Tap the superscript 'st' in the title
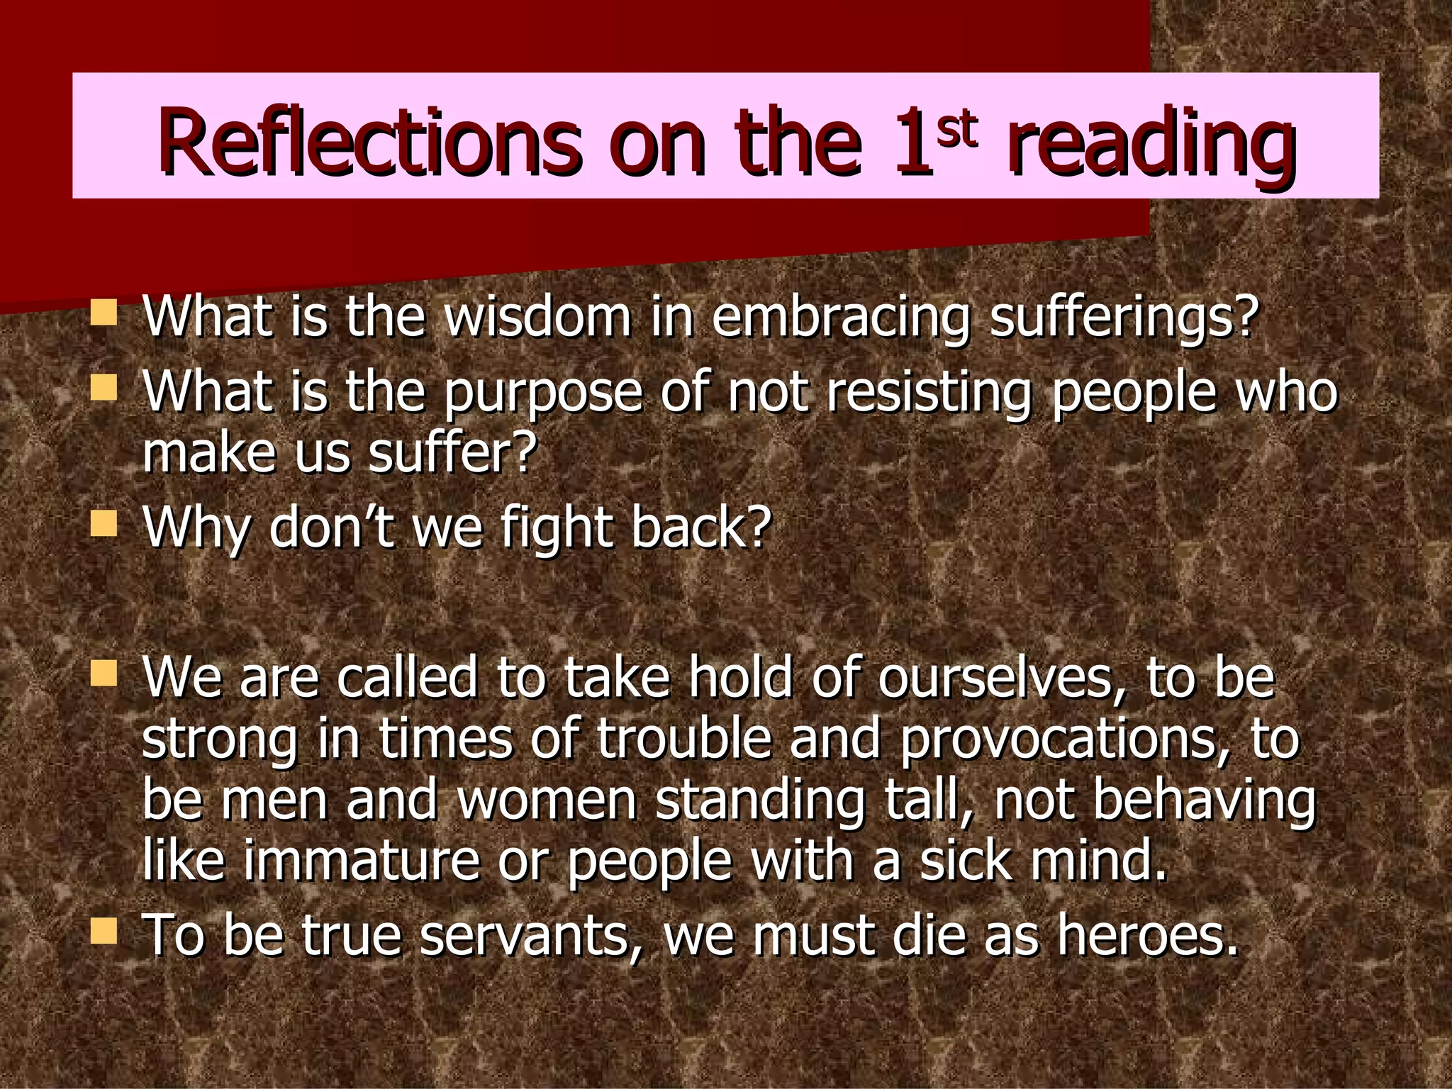click(956, 128)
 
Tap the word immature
click(362, 861)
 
